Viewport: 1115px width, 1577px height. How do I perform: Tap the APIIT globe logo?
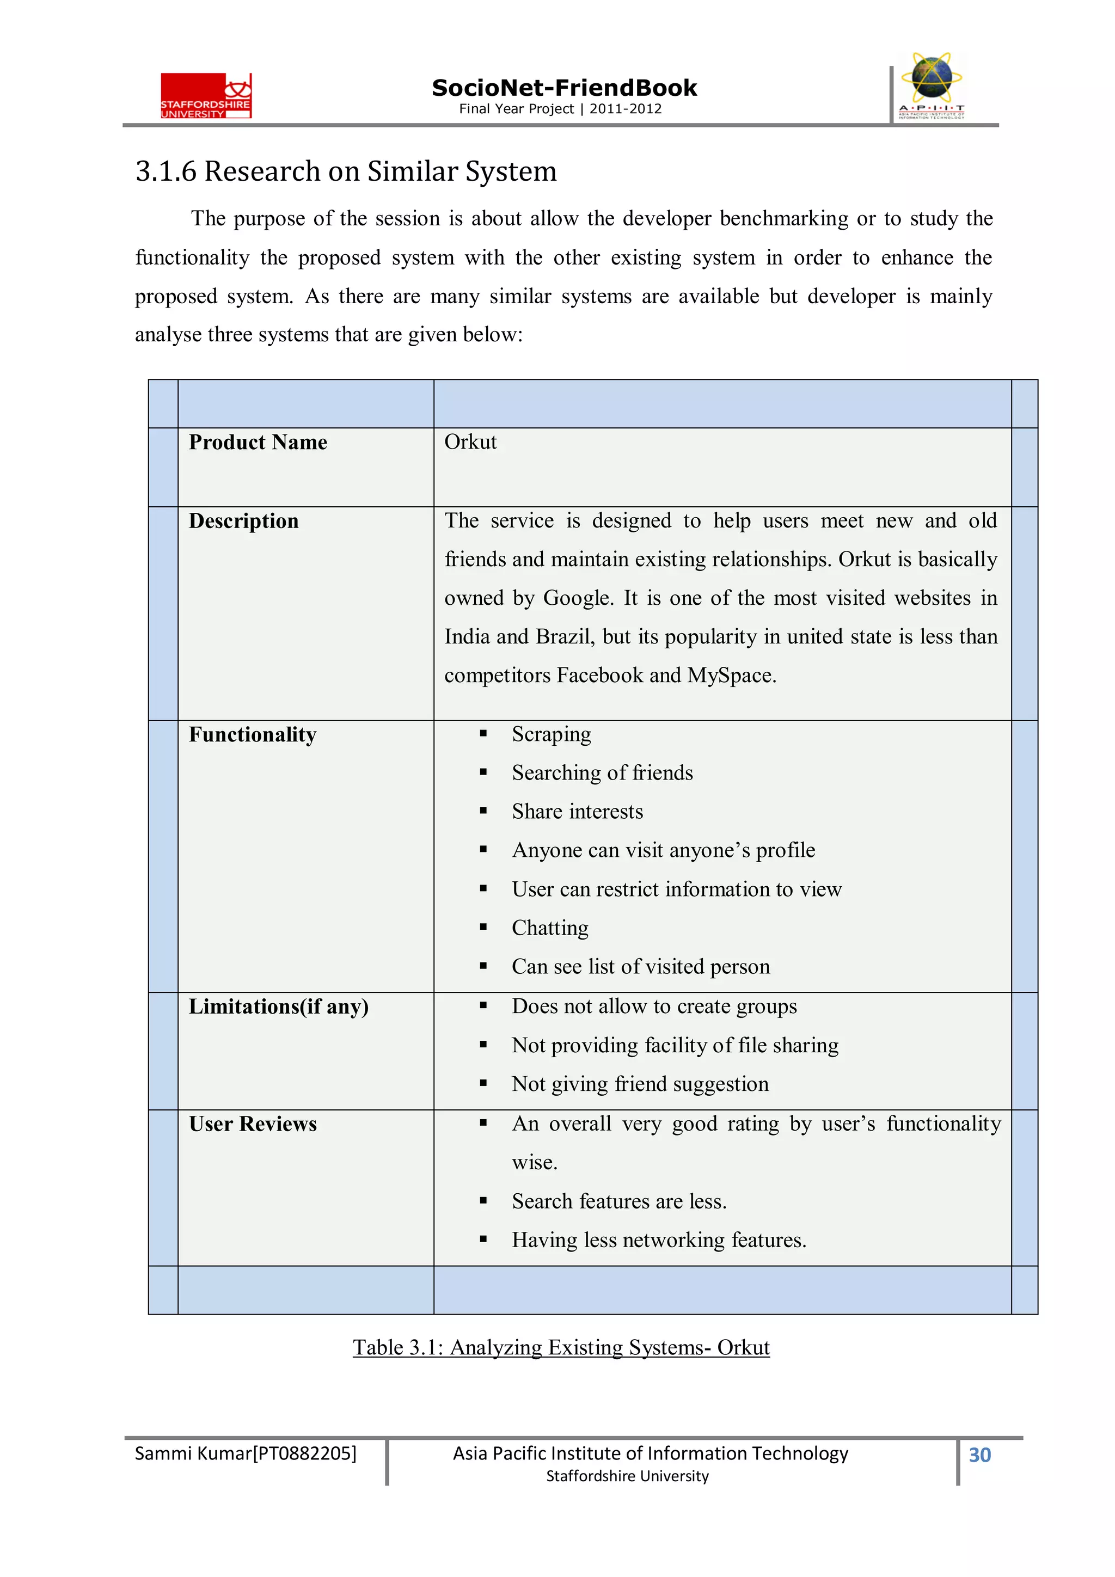pyautogui.click(x=931, y=85)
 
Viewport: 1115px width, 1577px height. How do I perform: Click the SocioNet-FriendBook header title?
pyautogui.click(x=563, y=88)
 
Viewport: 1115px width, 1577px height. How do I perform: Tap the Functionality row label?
pyautogui.click(x=252, y=734)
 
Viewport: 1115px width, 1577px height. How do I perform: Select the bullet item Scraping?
pyautogui.click(x=551, y=734)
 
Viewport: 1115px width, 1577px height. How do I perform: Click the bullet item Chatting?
pyautogui.click(x=549, y=928)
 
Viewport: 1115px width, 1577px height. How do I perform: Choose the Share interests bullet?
pyautogui.click(x=577, y=812)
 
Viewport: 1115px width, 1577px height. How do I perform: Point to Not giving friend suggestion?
pyautogui.click(x=640, y=1084)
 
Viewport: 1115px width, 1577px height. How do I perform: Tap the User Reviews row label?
pyautogui.click(x=252, y=1124)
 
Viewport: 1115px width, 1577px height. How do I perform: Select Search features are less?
pyautogui.click(x=618, y=1201)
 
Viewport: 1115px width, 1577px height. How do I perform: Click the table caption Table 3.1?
pyautogui.click(x=561, y=1348)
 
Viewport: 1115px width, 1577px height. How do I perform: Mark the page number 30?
pyautogui.click(x=979, y=1455)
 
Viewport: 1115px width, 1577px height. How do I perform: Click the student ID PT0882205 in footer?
pyautogui.click(x=305, y=1453)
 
